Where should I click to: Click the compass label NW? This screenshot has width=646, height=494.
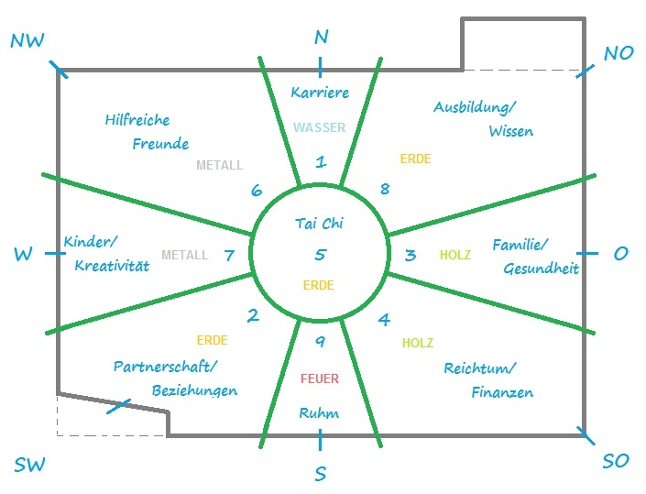coord(27,40)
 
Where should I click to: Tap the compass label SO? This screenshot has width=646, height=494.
coord(616,461)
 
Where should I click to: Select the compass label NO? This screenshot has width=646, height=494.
coord(619,53)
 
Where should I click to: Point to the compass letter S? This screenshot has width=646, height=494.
coord(321,474)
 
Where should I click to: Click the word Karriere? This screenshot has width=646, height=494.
coord(320,93)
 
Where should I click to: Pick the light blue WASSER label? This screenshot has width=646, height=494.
coord(319,127)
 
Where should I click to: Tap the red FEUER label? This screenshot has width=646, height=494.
coord(320,379)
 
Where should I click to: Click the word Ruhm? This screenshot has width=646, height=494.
coord(319,412)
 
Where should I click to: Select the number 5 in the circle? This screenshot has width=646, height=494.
coord(321,255)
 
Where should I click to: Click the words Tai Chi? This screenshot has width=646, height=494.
coord(319,224)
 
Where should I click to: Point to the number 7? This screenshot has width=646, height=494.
coord(229,255)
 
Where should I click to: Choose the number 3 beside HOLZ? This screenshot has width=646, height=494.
coord(411,255)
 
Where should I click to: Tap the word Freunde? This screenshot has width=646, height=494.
coord(160,144)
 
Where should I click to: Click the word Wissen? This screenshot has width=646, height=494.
coord(511,131)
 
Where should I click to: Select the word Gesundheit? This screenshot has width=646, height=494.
coord(541,269)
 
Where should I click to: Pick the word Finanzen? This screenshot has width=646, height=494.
coord(502,392)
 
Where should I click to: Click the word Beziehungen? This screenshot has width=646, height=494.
coord(194,390)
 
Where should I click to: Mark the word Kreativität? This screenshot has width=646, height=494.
coord(112,266)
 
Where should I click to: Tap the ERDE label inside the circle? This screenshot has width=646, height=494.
coord(319,285)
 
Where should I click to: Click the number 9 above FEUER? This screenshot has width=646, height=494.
coord(320,341)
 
